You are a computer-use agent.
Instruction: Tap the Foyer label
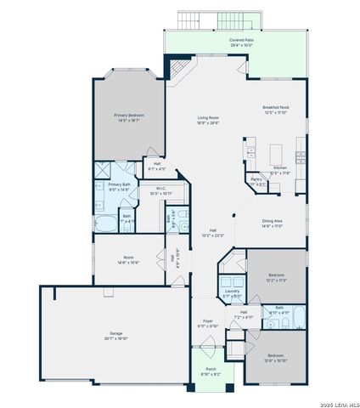click(x=207, y=322)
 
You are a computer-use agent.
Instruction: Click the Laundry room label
click(x=233, y=292)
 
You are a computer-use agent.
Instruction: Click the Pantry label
click(x=256, y=179)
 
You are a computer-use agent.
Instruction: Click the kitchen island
click(x=276, y=152)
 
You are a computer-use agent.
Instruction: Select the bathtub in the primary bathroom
click(x=107, y=225)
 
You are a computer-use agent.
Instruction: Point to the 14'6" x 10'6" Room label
click(x=128, y=258)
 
